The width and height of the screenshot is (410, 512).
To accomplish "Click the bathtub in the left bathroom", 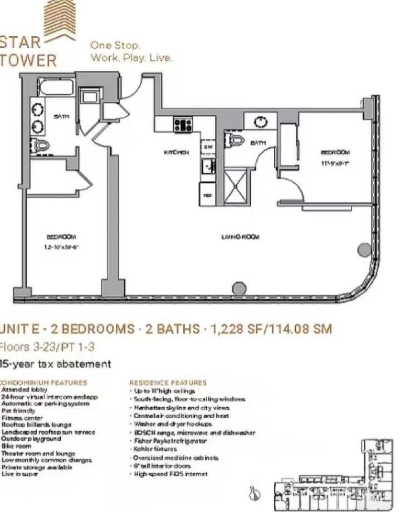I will click(56, 88).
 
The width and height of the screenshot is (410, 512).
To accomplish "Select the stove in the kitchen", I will click(183, 124).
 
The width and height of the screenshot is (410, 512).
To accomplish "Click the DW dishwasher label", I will click(207, 147).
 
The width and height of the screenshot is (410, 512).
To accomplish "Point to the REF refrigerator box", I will click(207, 196).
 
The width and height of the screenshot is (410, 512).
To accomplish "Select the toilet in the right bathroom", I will click(236, 140).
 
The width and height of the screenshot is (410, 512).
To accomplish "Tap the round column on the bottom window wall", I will click(239, 289).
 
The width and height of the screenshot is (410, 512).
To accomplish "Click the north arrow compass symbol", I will click(255, 493).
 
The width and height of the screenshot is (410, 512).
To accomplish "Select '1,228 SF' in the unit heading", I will click(233, 329).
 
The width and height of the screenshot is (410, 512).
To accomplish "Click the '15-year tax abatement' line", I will click(55, 364).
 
